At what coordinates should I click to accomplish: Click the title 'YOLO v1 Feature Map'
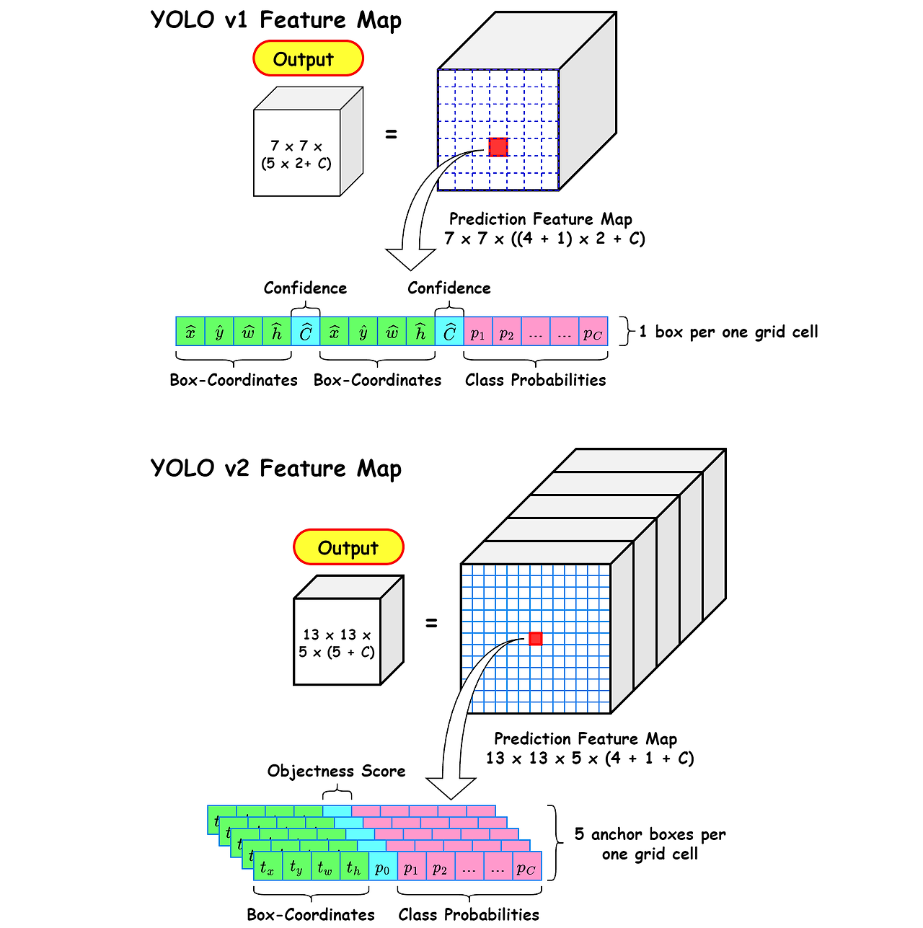[275, 20]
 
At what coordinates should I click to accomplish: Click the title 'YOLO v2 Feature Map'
[275, 469]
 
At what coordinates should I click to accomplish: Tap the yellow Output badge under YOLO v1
[308, 58]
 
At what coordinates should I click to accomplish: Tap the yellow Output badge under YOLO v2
[348, 547]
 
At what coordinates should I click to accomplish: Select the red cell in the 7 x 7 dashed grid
[498, 147]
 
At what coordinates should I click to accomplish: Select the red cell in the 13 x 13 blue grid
[535, 638]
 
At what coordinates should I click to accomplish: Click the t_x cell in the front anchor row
[268, 867]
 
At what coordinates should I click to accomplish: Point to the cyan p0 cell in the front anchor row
[383, 867]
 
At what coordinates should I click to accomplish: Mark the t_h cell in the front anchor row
[354, 867]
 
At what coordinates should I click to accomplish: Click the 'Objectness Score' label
[336, 771]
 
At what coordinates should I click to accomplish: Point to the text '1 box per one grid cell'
[728, 332]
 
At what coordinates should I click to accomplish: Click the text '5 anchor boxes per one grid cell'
[650, 844]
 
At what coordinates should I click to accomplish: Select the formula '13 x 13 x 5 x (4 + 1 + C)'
[590, 758]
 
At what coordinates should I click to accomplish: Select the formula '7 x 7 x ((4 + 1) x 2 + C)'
[544, 238]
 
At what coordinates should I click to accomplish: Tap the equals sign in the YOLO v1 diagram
[391, 134]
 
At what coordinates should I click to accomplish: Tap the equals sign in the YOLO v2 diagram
[431, 623]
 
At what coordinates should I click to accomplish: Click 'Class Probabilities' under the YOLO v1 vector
[535, 380]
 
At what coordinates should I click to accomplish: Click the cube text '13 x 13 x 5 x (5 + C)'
[337, 643]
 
